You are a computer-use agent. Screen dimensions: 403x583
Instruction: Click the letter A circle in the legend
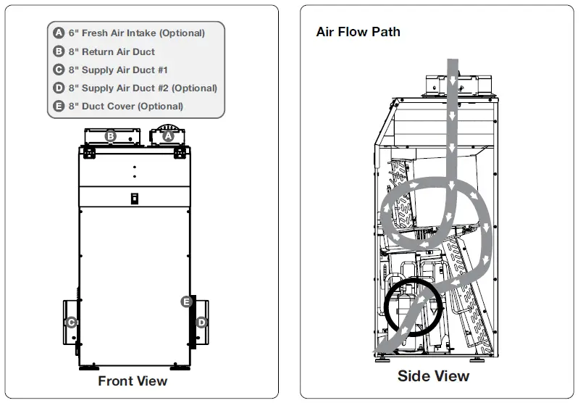click(x=59, y=33)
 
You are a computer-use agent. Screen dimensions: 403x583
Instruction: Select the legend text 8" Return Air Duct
click(x=112, y=51)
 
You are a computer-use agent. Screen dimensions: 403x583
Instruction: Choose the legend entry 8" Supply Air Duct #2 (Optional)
click(x=143, y=88)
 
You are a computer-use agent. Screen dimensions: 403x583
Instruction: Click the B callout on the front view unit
click(x=111, y=136)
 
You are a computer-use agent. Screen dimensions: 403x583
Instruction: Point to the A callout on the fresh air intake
click(x=169, y=136)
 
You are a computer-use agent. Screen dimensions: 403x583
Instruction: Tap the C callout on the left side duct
click(x=71, y=323)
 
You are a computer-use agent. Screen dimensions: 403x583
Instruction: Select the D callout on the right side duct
click(x=202, y=322)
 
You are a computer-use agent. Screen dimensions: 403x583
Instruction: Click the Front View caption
click(x=133, y=381)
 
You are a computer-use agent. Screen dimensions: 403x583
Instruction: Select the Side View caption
click(x=433, y=376)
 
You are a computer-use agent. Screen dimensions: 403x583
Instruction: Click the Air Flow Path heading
click(x=358, y=32)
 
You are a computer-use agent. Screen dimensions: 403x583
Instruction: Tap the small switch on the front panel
click(x=134, y=199)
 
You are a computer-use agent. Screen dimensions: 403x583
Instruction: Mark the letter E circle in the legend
click(x=59, y=106)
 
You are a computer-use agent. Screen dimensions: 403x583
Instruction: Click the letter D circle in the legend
click(x=59, y=88)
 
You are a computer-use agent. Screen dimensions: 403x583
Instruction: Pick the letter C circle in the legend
click(x=59, y=70)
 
